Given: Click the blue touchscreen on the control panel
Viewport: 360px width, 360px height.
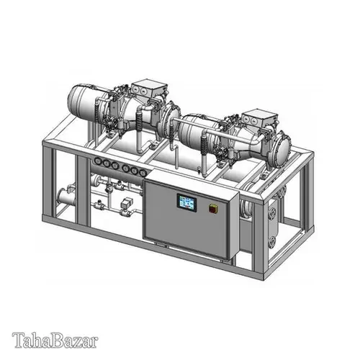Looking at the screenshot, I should click(186, 202).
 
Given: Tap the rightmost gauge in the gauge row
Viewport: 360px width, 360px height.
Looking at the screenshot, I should click(141, 171).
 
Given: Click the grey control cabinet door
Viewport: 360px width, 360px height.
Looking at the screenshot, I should click(191, 216).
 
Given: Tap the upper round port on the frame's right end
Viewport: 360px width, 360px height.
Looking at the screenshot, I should click(271, 214).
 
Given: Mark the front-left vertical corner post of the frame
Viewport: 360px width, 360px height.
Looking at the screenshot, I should click(47, 180).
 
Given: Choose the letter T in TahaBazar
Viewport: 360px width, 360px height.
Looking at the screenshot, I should click(18, 338).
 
